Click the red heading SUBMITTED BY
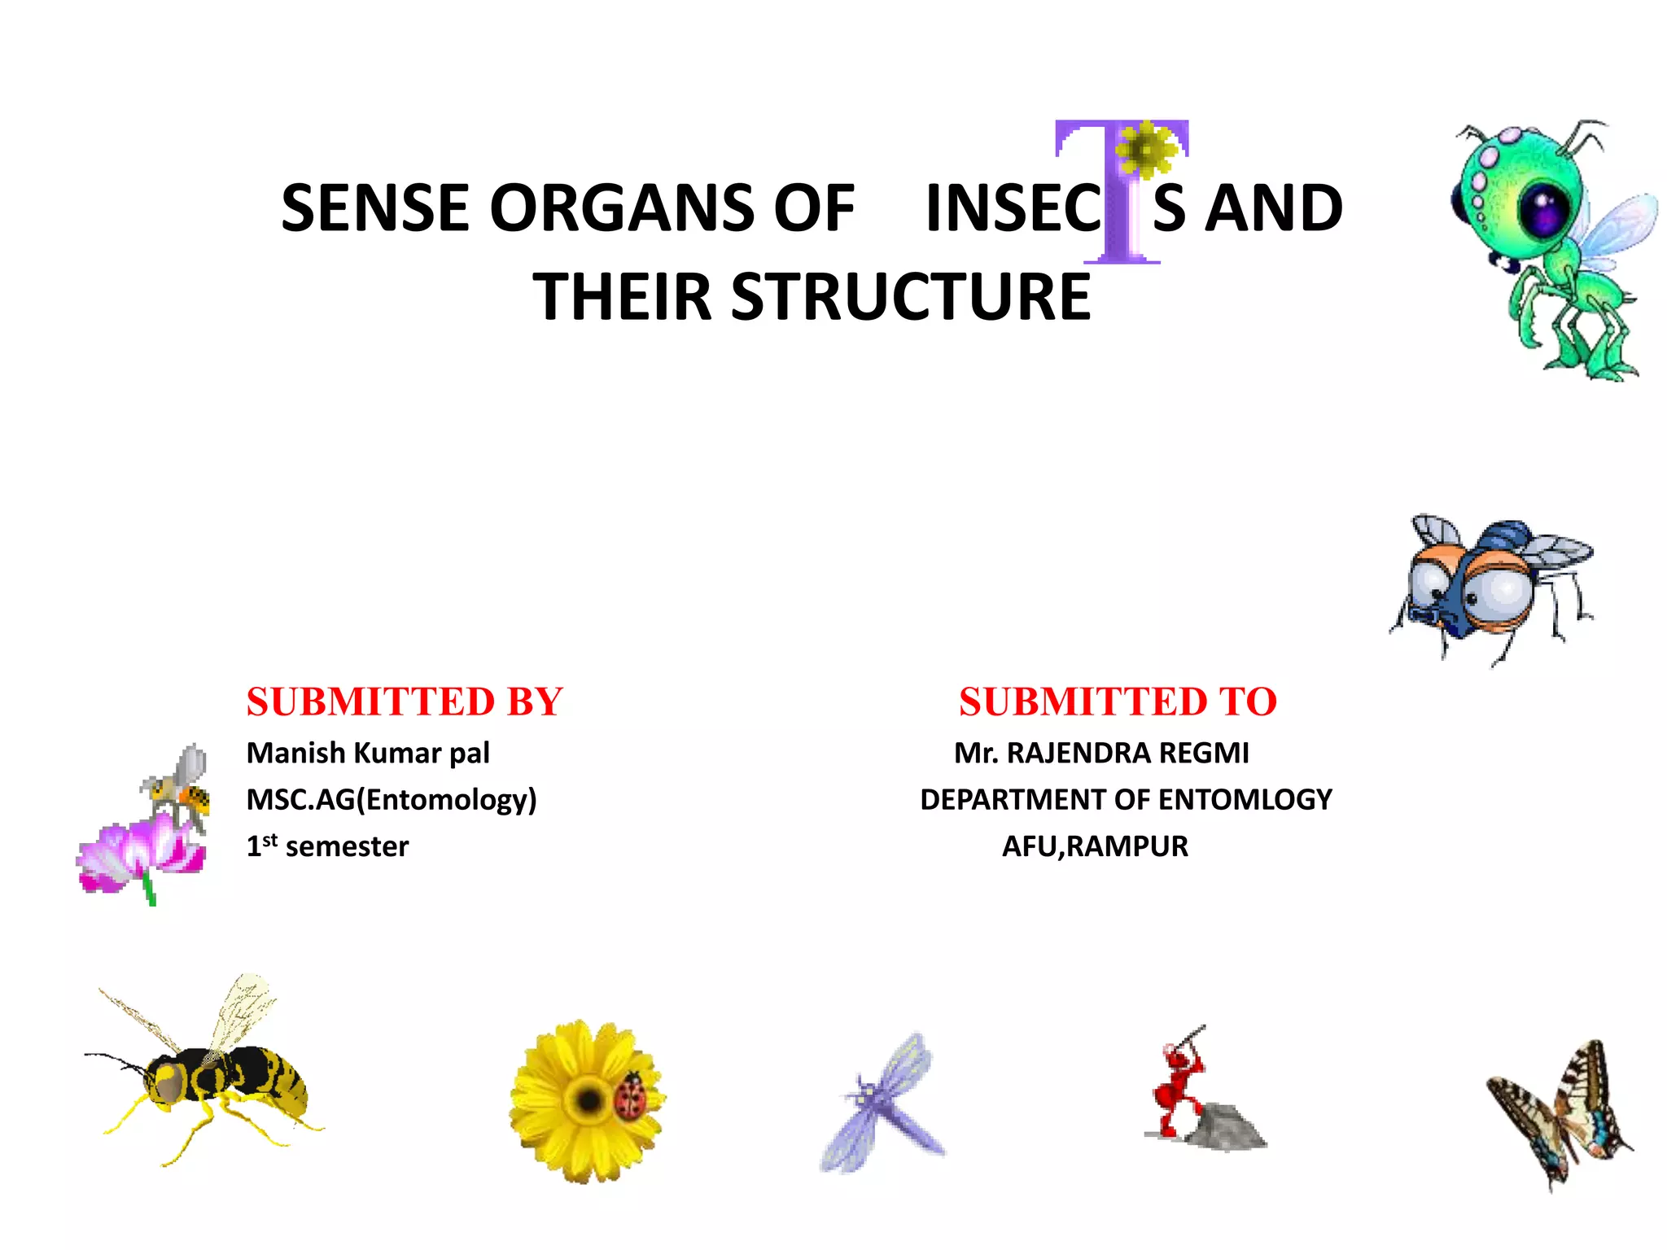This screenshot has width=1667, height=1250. pyautogui.click(x=405, y=701)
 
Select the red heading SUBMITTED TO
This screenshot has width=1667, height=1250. pyautogui.click(x=1118, y=701)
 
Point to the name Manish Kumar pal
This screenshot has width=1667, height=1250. pyautogui.click(x=368, y=754)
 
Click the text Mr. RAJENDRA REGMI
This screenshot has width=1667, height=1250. pyautogui.click(x=1101, y=754)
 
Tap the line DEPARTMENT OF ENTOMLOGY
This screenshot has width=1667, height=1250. pyautogui.click(x=1126, y=800)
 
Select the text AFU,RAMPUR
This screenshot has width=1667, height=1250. pyautogui.click(x=1095, y=846)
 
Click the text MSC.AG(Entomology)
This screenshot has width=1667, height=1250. pyautogui.click(x=392, y=800)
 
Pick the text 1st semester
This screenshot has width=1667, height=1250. pyautogui.click(x=327, y=846)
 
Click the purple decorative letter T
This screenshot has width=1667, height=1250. pyautogui.click(x=1121, y=220)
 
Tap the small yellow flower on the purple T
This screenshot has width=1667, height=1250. pyautogui.click(x=1145, y=149)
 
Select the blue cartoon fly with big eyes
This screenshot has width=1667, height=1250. pyautogui.click(x=1490, y=586)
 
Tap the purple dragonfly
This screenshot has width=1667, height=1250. pyautogui.click(x=883, y=1103)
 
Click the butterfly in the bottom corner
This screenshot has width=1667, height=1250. pyautogui.click(x=1559, y=1115)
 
